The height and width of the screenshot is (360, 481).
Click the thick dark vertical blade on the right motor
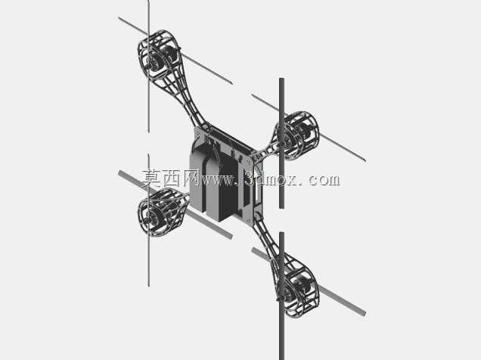[x=281, y=143]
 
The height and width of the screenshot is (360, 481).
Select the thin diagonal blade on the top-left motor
[x=175, y=51]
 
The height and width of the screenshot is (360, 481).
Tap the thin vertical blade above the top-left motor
[x=148, y=66]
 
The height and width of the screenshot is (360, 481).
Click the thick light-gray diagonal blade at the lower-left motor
[x=175, y=204]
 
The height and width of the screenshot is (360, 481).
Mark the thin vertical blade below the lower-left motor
[x=148, y=220]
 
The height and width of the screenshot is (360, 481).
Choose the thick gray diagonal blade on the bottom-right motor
[x=309, y=281]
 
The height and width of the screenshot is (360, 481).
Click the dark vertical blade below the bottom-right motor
[x=281, y=296]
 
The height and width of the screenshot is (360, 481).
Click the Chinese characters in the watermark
[x=171, y=178]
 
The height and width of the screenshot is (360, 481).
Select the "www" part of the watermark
[x=218, y=180]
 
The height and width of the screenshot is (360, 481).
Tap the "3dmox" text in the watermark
[x=272, y=178]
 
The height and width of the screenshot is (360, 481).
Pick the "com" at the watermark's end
[x=324, y=180]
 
